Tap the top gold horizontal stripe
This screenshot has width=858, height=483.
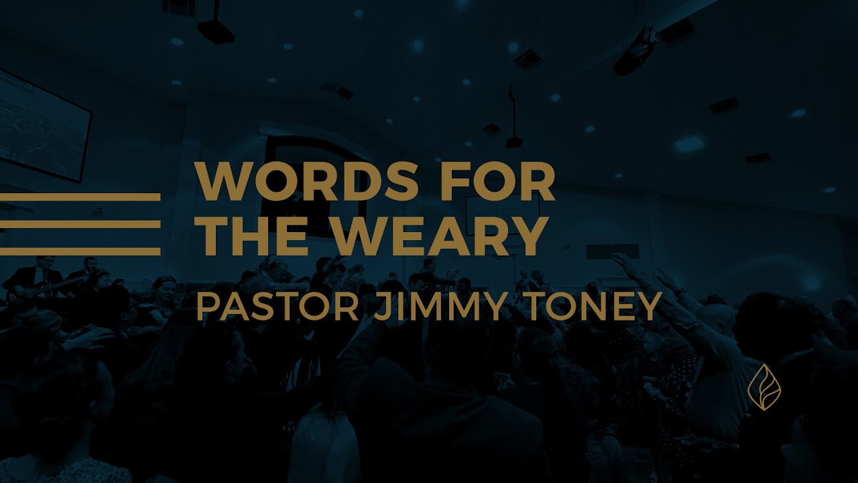click(x=80, y=197)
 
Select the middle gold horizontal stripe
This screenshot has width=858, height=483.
click(x=80, y=224)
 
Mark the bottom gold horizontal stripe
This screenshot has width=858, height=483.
click(x=80, y=252)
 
